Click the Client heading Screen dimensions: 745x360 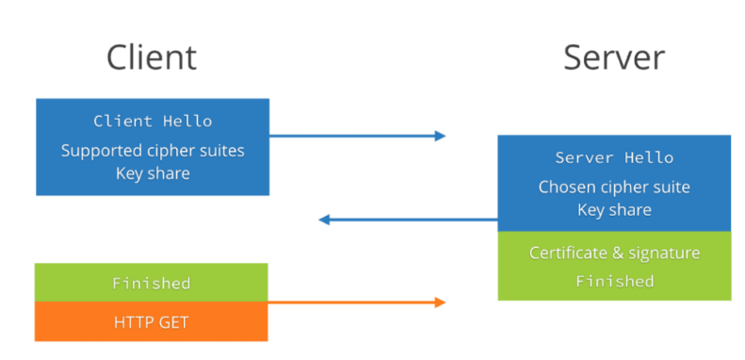click(151, 57)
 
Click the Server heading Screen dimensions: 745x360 click(614, 58)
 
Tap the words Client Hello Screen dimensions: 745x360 click(153, 121)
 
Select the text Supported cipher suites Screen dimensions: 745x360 click(153, 151)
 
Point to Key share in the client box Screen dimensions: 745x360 click(153, 173)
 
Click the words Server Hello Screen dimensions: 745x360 click(614, 157)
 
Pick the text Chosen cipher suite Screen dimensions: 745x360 click(614, 187)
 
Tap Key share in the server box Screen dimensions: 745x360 click(614, 210)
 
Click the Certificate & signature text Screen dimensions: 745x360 click(614, 253)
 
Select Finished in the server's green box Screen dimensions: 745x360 click(615, 281)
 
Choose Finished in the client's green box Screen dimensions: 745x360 click(151, 284)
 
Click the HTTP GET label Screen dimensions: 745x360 click(151, 322)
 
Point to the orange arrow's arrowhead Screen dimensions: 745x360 click(440, 302)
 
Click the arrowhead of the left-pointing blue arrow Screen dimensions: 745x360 click(324, 220)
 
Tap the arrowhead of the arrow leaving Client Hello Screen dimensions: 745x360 click(440, 136)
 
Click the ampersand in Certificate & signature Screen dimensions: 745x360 click(618, 253)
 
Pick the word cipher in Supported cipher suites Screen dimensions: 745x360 click(175, 151)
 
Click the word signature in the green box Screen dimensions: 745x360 click(664, 253)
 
